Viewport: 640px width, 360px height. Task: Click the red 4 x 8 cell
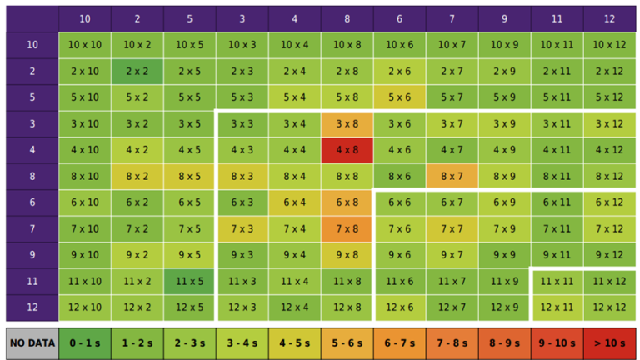(x=347, y=150)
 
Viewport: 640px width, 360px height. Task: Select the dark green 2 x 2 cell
(x=137, y=72)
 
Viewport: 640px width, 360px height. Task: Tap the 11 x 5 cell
(x=190, y=282)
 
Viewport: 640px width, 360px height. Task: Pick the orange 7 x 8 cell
(x=347, y=229)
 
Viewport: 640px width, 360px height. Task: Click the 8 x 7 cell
(x=452, y=177)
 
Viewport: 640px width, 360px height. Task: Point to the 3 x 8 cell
(x=347, y=124)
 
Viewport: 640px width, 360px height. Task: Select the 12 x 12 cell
(x=610, y=307)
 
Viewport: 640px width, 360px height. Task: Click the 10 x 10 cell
(x=85, y=45)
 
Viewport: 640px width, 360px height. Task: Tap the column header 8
(x=347, y=18)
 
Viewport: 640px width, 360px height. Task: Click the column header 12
(x=610, y=18)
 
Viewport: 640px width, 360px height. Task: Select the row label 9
(x=32, y=255)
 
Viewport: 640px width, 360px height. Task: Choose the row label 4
(x=32, y=150)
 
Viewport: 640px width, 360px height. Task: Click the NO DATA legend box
(x=32, y=342)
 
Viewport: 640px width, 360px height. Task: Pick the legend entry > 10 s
(x=610, y=342)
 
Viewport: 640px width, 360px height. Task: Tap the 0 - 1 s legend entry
(x=85, y=342)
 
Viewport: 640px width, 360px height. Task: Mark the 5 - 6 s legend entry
(x=347, y=342)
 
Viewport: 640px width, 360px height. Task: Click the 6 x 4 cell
(x=295, y=202)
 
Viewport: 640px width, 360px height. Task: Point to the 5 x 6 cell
(x=399, y=97)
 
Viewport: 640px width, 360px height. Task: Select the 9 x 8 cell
(x=347, y=255)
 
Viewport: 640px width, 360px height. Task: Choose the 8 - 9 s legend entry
(x=504, y=342)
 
